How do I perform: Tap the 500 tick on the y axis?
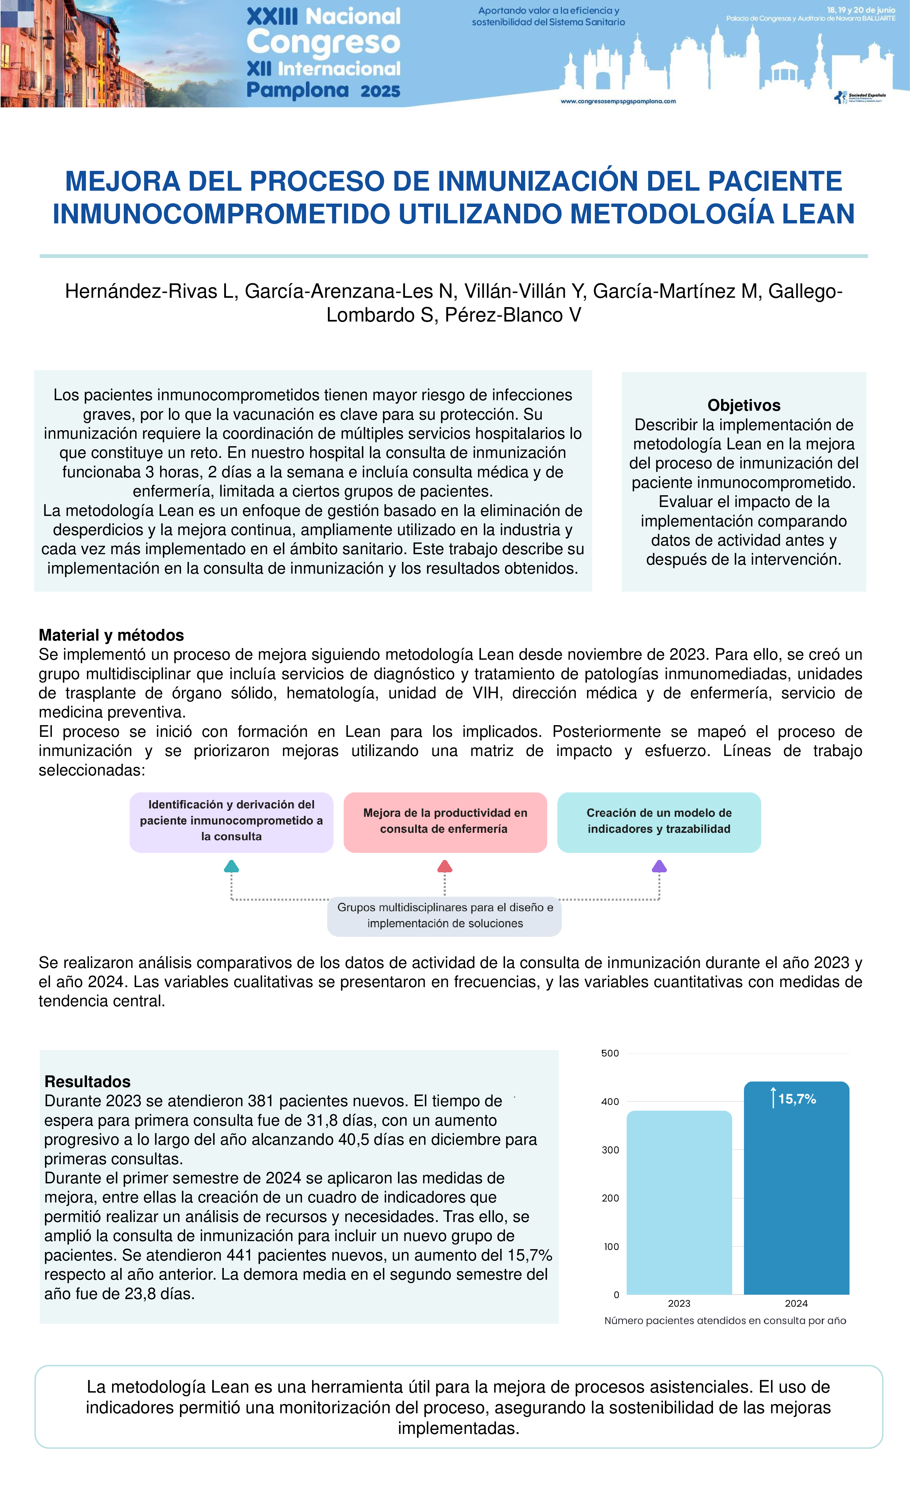click(610, 1053)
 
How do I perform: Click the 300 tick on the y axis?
click(610, 1150)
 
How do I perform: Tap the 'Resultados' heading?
click(88, 1082)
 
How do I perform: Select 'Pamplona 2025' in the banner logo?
click(323, 90)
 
